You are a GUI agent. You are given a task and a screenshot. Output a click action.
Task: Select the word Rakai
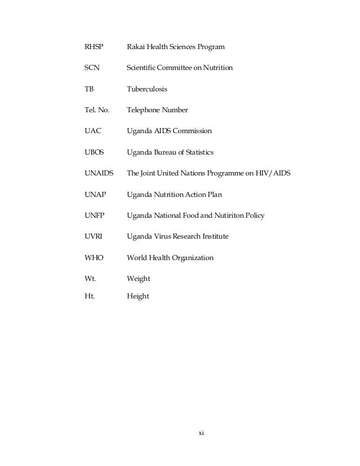pyautogui.click(x=137, y=47)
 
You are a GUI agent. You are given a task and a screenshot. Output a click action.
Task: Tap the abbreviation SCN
pyautogui.click(x=91, y=68)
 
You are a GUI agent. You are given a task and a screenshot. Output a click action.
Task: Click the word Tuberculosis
pyautogui.click(x=147, y=89)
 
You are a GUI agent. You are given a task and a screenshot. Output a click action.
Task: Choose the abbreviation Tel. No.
pyautogui.click(x=96, y=110)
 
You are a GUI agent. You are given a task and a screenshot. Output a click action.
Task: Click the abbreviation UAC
pyautogui.click(x=92, y=131)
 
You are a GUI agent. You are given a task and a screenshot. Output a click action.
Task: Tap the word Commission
pyautogui.click(x=192, y=131)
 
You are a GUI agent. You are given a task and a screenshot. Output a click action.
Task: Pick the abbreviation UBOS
pyautogui.click(x=94, y=152)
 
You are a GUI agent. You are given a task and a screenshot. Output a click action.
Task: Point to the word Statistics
pyautogui.click(x=197, y=152)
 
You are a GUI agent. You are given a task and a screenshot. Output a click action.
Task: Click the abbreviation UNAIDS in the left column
pyautogui.click(x=99, y=173)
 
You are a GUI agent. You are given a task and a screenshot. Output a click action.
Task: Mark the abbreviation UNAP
pyautogui.click(x=94, y=195)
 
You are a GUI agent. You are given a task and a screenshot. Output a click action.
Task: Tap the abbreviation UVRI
pyautogui.click(x=93, y=236)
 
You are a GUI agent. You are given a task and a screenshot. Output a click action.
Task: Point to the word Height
pyautogui.click(x=138, y=296)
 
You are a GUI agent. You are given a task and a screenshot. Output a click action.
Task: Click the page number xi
pyautogui.click(x=200, y=433)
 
